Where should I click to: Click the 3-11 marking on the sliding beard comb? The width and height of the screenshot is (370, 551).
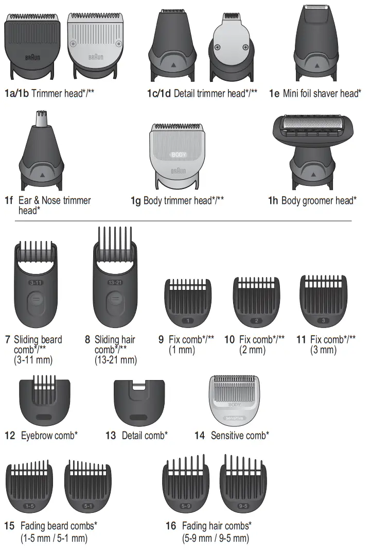click(35, 283)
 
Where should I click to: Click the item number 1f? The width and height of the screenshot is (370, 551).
click(8, 200)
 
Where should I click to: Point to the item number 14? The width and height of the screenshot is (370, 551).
click(200, 436)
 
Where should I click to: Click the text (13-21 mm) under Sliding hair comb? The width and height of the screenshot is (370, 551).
click(116, 360)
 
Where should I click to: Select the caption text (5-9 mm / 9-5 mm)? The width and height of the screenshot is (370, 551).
click(216, 539)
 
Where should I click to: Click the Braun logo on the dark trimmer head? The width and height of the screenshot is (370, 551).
click(33, 58)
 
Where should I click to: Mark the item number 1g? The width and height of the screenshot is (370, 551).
click(135, 200)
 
